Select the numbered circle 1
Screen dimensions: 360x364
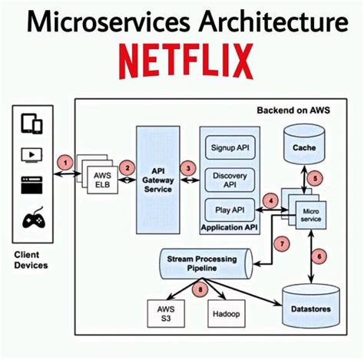pyautogui.click(x=68, y=163)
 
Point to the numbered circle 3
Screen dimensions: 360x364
pyautogui.click(x=186, y=167)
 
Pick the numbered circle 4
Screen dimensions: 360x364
pyautogui.click(x=270, y=202)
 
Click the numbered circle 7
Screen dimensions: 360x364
pyautogui.click(x=283, y=244)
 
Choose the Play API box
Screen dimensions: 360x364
pyautogui.click(x=227, y=208)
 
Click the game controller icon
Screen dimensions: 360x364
pyautogui.click(x=33, y=219)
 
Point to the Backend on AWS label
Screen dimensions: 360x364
pyautogui.click(x=294, y=111)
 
